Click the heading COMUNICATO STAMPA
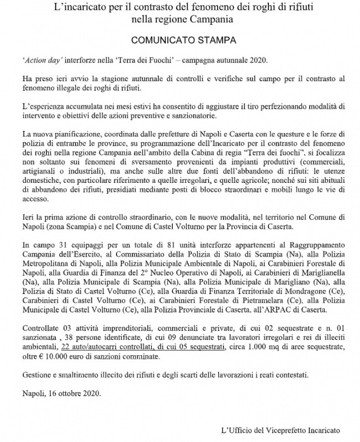pyautogui.click(x=179, y=41)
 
